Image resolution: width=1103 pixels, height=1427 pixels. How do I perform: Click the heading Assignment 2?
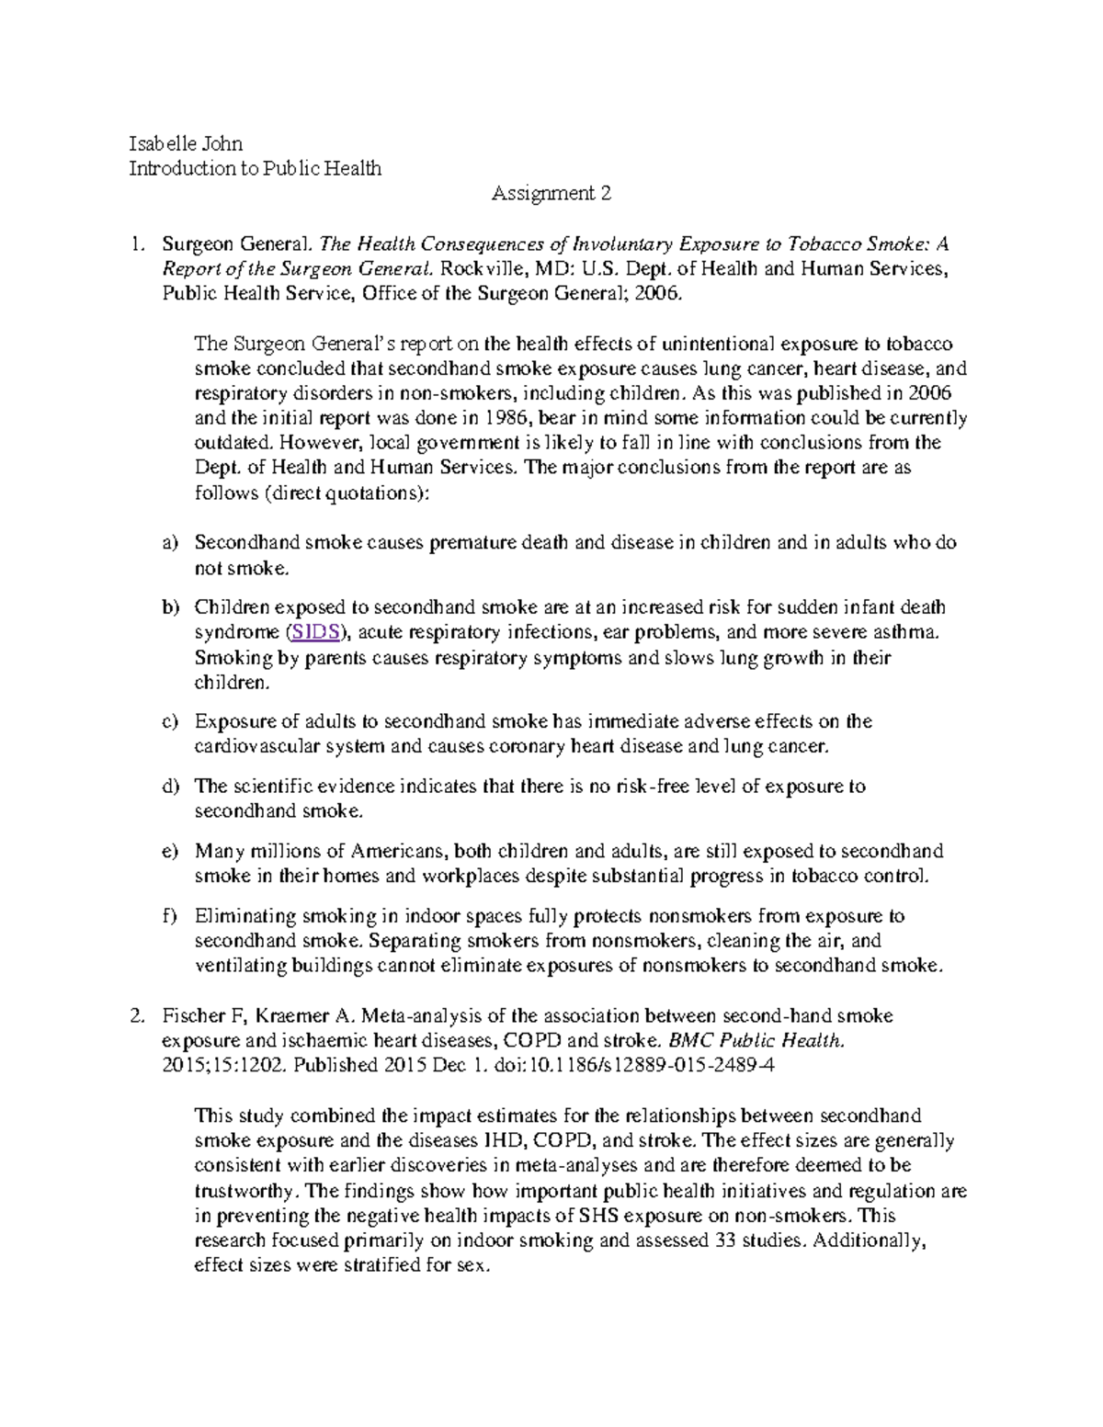click(551, 193)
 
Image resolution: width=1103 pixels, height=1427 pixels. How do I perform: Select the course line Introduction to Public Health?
click(255, 168)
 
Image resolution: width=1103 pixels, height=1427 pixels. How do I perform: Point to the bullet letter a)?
click(168, 543)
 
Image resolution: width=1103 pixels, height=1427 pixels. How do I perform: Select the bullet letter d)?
click(168, 787)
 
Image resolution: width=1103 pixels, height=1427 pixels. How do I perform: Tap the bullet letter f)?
click(168, 916)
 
